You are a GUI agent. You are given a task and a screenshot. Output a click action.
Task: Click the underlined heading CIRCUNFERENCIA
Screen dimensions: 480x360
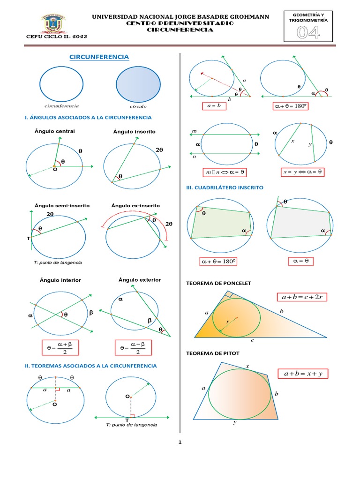[x=99, y=57]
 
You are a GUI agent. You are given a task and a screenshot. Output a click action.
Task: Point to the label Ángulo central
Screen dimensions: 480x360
[x=54, y=131]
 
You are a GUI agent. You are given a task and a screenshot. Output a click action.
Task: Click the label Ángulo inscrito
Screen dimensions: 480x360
[x=134, y=132]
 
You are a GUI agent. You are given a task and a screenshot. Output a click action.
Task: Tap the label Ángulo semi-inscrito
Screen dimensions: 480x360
[x=62, y=205]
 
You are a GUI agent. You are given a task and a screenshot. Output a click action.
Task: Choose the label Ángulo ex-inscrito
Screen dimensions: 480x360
[x=135, y=205]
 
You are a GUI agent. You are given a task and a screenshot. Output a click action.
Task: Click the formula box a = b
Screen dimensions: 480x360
[x=215, y=106]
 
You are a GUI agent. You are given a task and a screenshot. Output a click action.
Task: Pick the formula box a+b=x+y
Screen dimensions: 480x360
[x=303, y=374]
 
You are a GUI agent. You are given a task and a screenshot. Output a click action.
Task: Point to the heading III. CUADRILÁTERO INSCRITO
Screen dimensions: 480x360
[x=225, y=187]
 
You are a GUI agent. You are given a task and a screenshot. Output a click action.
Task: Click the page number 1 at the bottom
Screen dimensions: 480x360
[x=180, y=442]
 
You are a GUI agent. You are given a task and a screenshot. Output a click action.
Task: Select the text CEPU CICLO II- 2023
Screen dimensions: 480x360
[x=50, y=36]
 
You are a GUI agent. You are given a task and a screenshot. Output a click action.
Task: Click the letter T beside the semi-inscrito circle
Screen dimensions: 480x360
[x=29, y=239]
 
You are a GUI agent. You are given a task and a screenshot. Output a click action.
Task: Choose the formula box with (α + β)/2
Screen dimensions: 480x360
[x=60, y=348]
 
